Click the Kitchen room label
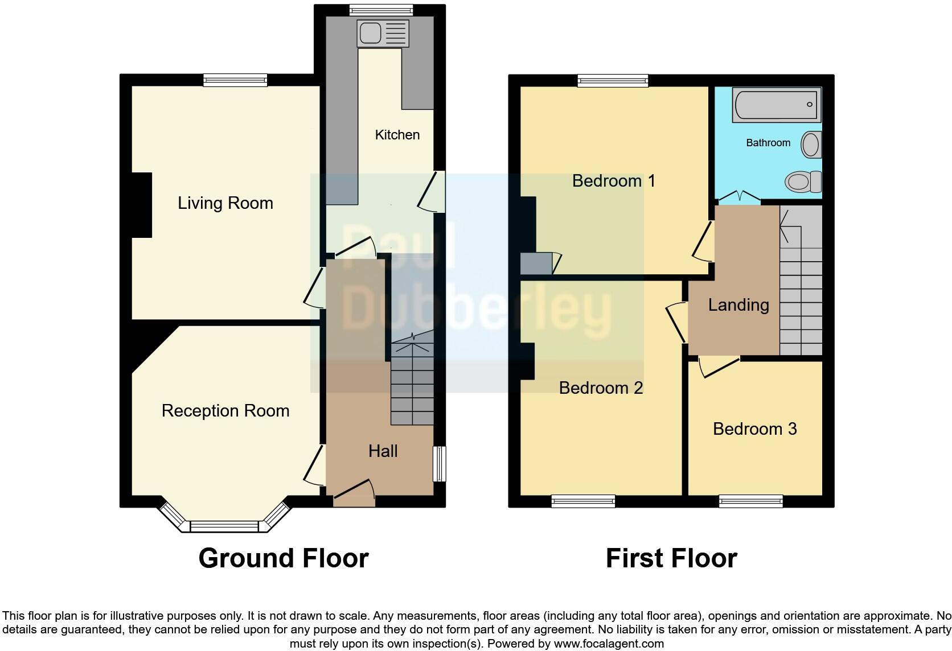397,135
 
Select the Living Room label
225,203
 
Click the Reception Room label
225,411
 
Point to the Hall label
383,451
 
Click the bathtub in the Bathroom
777,105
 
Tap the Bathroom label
768,143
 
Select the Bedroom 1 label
613,181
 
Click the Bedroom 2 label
601,388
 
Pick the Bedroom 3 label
754,429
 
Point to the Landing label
738,305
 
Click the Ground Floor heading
284,558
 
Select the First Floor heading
671,558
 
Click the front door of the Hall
354,493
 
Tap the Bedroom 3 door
719,367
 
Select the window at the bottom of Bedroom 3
750,501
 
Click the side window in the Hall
440,464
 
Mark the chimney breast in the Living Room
142,205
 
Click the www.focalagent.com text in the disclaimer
609,644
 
